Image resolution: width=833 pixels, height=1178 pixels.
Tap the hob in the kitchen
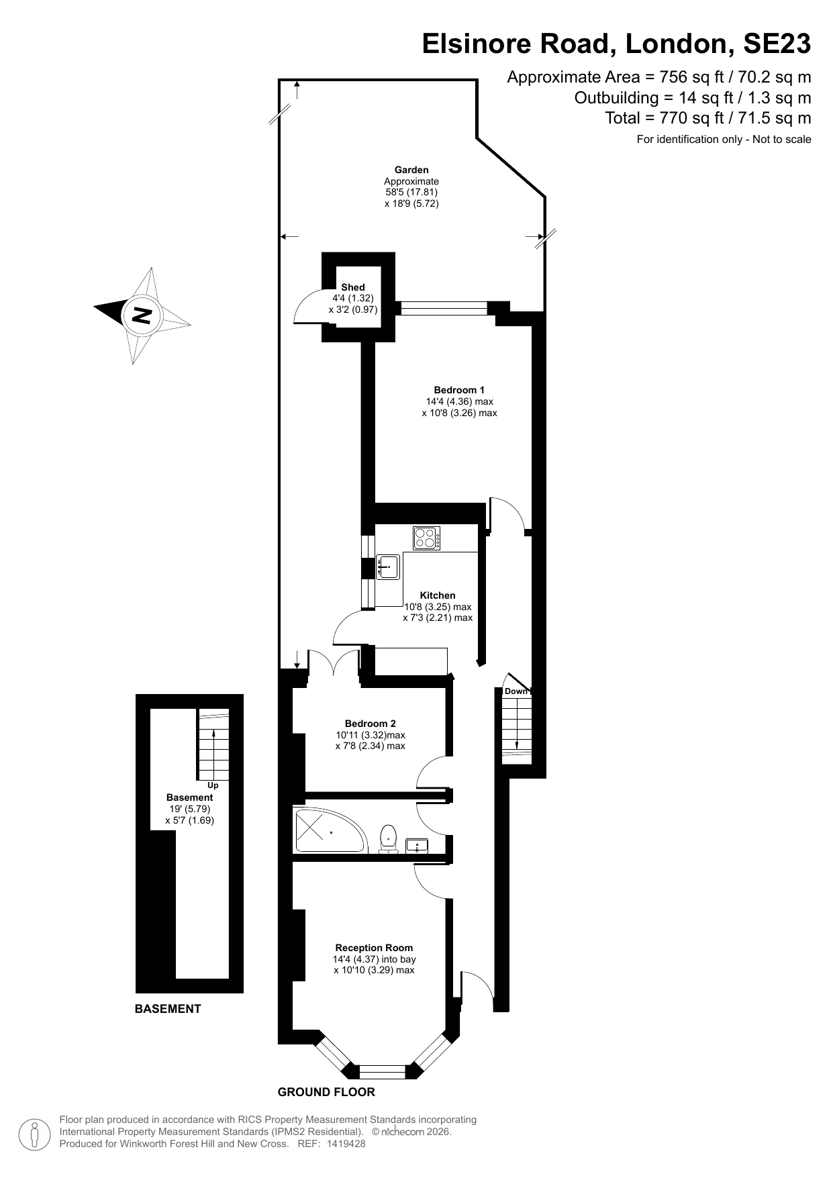point(427,538)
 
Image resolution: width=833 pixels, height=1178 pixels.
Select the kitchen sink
point(388,567)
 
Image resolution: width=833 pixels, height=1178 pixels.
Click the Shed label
point(353,287)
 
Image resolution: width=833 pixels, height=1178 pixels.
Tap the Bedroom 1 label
point(459,390)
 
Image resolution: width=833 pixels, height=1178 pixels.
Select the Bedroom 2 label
point(370,724)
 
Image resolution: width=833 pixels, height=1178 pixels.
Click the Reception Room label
point(374,948)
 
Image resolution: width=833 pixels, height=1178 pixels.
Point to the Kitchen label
point(438,595)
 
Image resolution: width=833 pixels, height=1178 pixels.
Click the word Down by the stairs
point(516,691)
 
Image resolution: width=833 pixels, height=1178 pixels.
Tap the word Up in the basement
point(213,785)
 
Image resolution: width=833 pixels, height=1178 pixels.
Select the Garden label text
point(411,170)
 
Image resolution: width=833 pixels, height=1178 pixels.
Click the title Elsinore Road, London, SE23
point(616,44)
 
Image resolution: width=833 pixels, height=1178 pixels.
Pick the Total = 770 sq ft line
point(707,118)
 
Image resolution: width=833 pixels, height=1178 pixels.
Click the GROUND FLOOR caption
point(326,1092)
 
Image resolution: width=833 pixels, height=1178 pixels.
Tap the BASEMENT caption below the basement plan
point(168,1008)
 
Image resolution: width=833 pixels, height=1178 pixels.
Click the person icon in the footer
point(36,1134)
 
